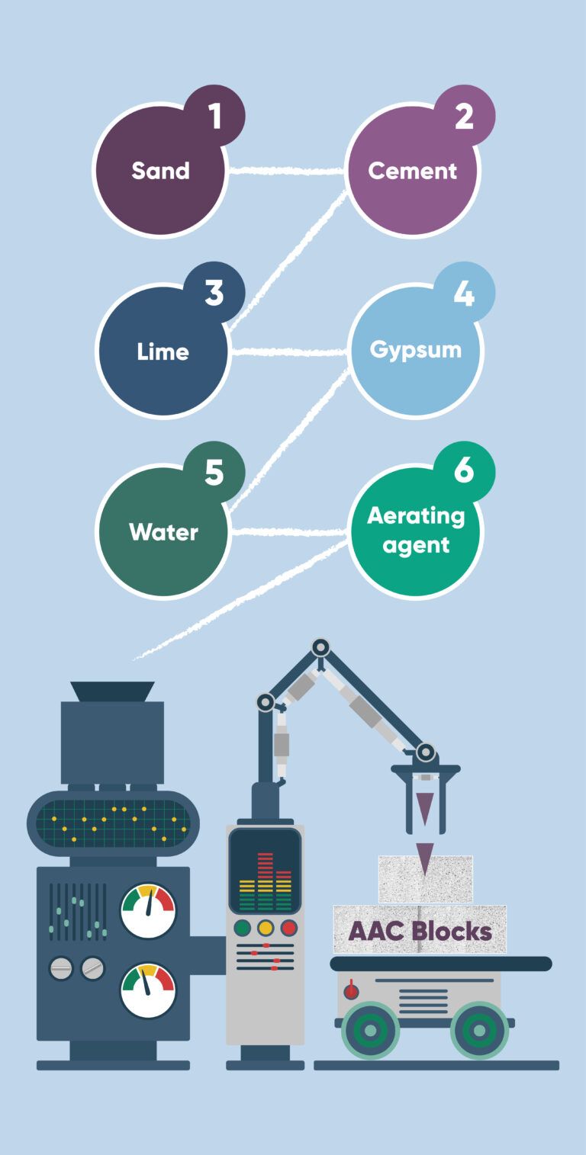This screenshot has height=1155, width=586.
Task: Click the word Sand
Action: point(160,170)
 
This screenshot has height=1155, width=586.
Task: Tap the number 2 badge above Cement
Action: point(464,116)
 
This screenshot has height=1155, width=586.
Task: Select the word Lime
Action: point(163,351)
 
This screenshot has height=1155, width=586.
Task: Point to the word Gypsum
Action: point(415,350)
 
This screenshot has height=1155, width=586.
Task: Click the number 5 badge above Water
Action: point(214,473)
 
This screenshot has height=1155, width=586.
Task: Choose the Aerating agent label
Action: point(415,531)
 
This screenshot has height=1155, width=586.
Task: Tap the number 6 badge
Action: point(464,471)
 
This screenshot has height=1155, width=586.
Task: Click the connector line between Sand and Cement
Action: point(288,170)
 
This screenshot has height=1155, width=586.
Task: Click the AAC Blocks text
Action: point(420,931)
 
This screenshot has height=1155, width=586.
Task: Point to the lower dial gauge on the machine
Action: point(149,990)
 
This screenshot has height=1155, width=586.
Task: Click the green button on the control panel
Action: point(243,928)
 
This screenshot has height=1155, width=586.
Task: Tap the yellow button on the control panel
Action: point(266,928)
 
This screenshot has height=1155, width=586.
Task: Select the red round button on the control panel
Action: point(288,928)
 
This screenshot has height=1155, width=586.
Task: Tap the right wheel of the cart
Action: point(479,1030)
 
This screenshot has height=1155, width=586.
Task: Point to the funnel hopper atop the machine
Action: point(112,691)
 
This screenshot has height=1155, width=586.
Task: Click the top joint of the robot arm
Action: point(321,648)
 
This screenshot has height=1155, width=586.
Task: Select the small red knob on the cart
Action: point(351,992)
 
